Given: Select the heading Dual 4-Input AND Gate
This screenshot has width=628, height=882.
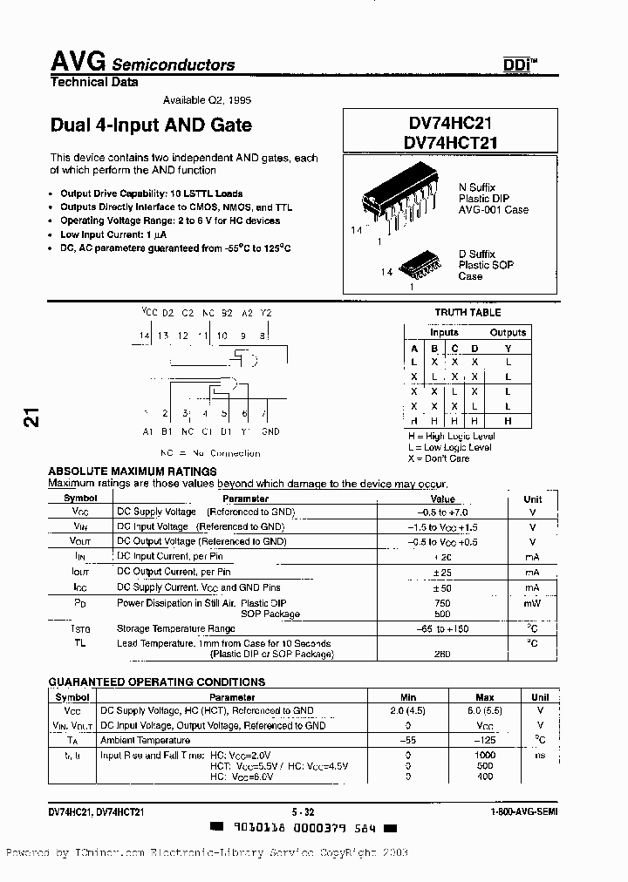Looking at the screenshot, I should click(x=151, y=125).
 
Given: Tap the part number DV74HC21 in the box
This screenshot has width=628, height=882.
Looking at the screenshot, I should click(x=450, y=126).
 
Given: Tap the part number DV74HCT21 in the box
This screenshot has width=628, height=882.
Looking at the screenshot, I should click(x=450, y=143).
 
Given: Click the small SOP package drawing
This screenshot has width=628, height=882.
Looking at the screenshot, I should click(x=423, y=265).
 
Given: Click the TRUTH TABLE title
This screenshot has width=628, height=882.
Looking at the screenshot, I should click(x=468, y=312).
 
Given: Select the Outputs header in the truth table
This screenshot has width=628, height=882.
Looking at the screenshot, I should click(x=508, y=332).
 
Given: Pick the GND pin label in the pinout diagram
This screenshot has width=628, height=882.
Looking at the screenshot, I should click(x=270, y=431).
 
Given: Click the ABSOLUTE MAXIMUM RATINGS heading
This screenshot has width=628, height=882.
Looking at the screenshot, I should click(x=132, y=472).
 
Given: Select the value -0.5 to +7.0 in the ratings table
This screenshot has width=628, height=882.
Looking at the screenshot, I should click(x=443, y=512).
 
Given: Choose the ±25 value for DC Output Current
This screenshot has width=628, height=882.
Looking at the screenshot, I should click(x=443, y=572).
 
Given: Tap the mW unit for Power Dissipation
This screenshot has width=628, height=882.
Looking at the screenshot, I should click(x=532, y=603).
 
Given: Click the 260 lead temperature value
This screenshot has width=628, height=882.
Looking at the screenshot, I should click(x=443, y=654).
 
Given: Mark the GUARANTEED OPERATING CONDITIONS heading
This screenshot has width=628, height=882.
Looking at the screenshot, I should click(x=156, y=682).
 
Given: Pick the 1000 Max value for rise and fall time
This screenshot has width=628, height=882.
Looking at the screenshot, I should click(x=484, y=754).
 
